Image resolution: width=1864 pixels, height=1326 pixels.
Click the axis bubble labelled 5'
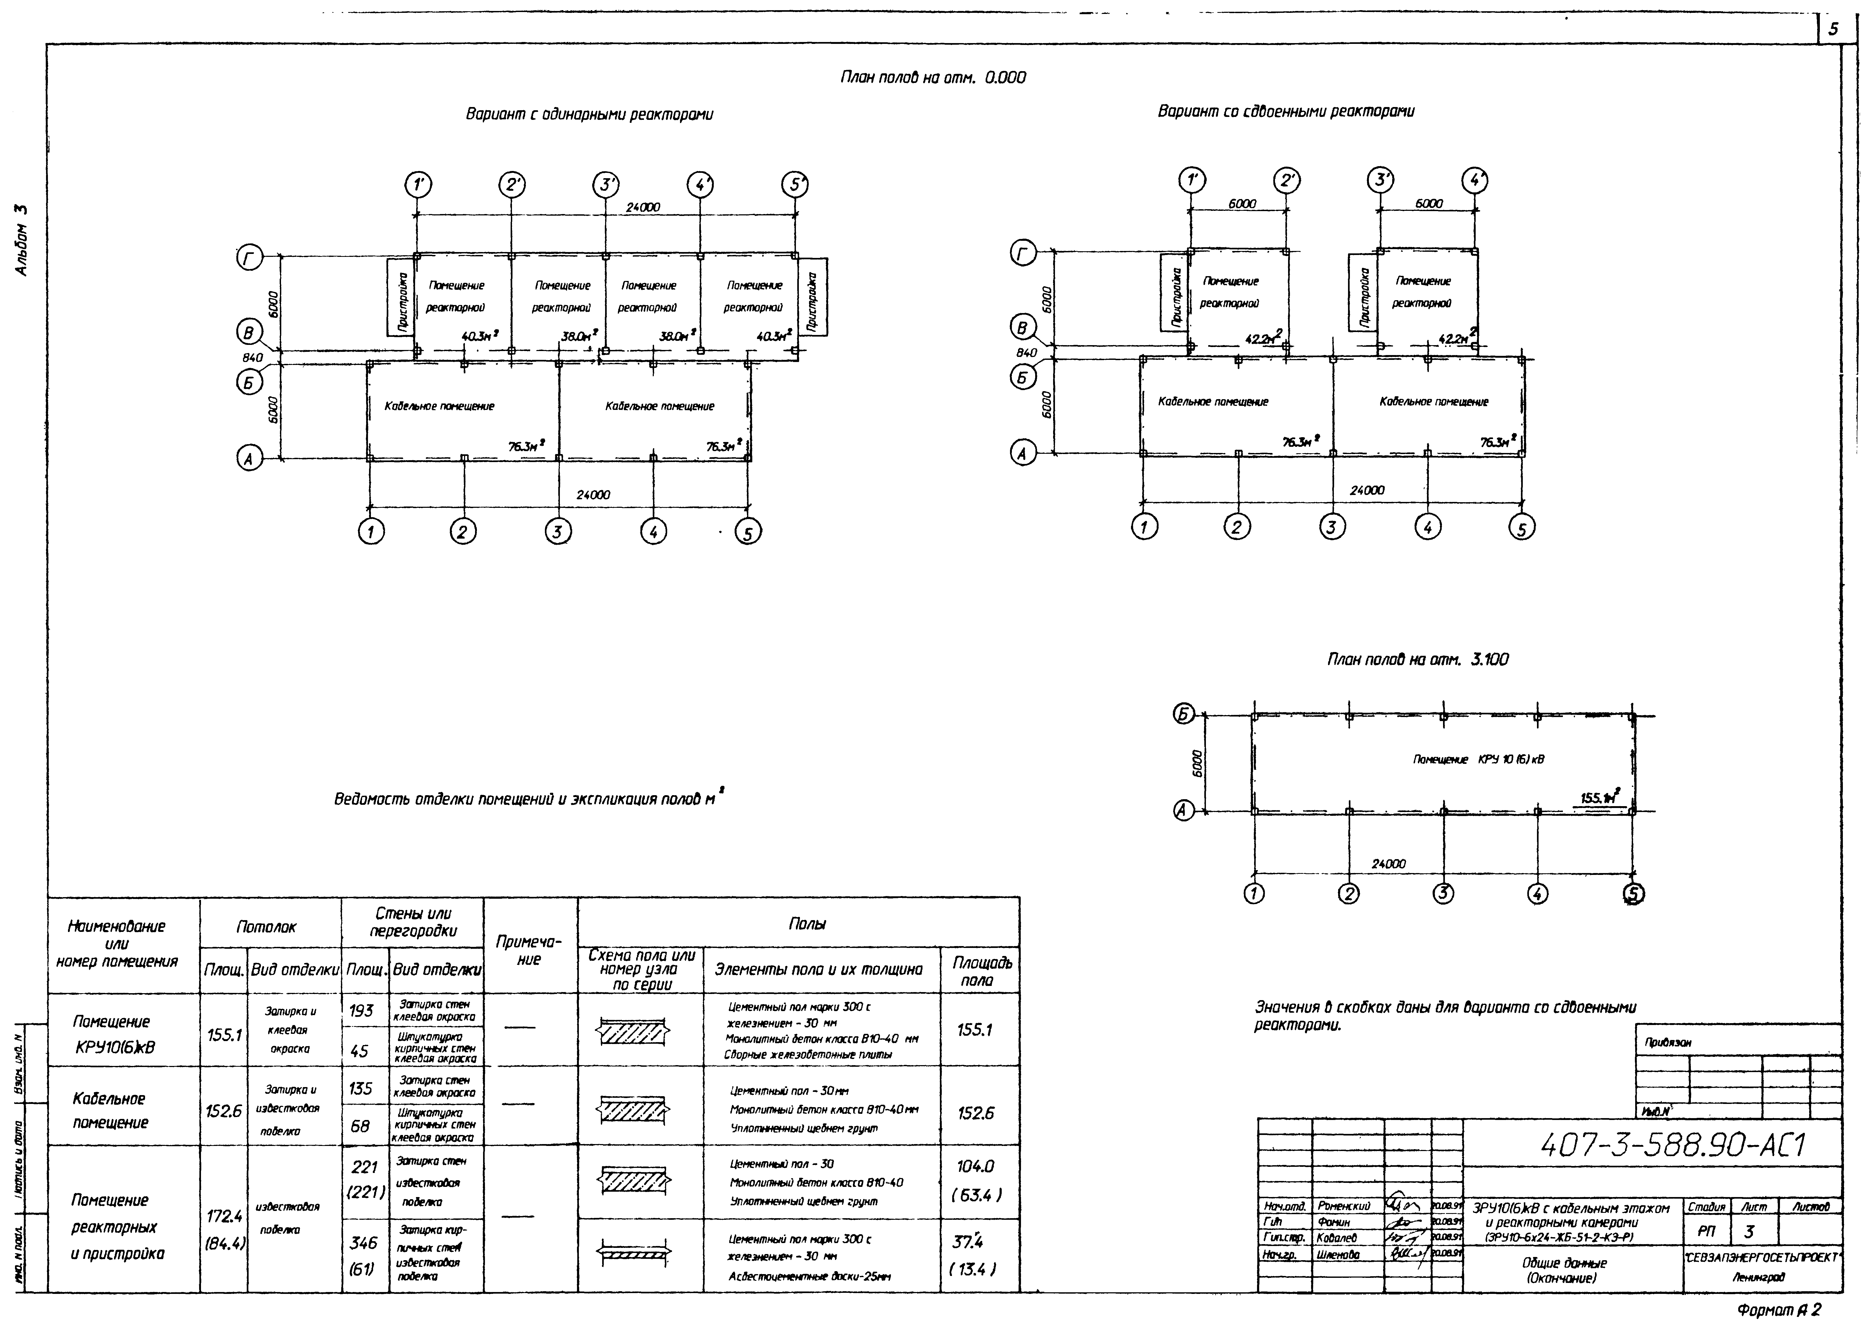pos(794,185)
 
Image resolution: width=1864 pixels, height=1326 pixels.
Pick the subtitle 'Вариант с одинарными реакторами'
pos(589,114)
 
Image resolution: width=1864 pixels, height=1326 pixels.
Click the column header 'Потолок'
pos(266,927)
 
